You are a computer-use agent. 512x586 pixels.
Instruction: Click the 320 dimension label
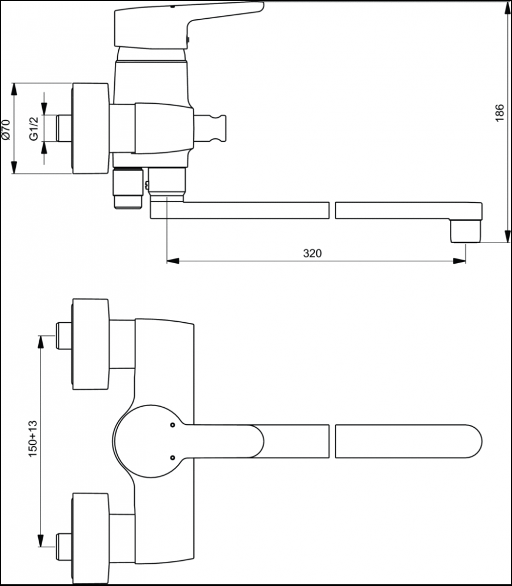coord(312,253)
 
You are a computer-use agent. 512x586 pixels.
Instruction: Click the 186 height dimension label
coord(500,113)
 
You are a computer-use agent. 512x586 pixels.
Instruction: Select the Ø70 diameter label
coord(6,130)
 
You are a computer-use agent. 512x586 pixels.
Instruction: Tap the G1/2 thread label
coord(34,128)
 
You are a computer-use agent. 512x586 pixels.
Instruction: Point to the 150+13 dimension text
coord(33,438)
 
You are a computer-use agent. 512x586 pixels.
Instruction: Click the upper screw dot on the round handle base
coord(172,425)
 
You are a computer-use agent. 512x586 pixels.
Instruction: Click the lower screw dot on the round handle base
coord(172,458)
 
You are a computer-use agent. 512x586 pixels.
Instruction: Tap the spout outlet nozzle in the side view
coord(465,231)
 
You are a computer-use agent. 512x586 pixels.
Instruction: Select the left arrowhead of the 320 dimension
coord(172,261)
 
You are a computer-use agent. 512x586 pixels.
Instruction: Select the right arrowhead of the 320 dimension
coord(460,261)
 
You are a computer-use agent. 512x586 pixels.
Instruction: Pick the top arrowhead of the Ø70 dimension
coord(14,89)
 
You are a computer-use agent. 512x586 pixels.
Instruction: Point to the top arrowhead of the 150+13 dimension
coord(41,342)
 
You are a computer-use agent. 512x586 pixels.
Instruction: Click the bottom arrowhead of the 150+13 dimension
coord(41,541)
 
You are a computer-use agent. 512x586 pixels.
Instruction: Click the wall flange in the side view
coord(90,128)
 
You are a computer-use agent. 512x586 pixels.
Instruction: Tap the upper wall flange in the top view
coord(90,344)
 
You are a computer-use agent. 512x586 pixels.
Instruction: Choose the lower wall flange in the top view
coord(90,538)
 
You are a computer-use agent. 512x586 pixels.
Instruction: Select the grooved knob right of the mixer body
coord(210,128)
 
